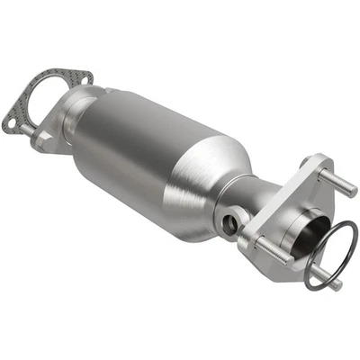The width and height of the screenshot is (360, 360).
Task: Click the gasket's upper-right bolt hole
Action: tap(83, 79)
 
